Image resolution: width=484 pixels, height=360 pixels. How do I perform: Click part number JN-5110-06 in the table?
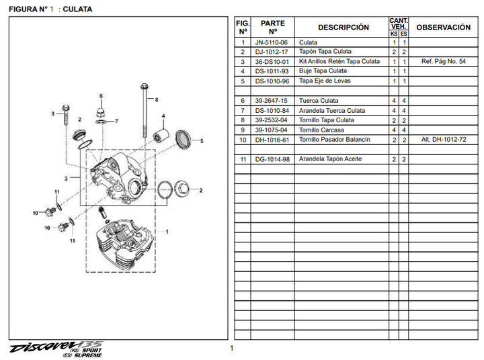(x=271, y=42)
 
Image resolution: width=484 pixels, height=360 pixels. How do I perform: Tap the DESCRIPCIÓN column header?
(x=343, y=28)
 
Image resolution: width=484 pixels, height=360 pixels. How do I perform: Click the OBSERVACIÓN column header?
(x=443, y=28)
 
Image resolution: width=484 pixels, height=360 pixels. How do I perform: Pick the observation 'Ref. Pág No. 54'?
(x=443, y=62)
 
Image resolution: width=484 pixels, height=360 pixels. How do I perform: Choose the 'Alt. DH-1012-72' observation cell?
(x=443, y=140)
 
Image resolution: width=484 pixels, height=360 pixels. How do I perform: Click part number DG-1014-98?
(x=271, y=159)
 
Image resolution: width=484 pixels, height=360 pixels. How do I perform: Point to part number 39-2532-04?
(x=271, y=120)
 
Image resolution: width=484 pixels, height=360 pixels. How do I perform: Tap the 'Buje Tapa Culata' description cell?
(x=323, y=71)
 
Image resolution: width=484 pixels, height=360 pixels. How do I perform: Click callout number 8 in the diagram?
(x=156, y=99)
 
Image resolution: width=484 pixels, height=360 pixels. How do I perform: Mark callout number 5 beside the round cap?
(x=202, y=141)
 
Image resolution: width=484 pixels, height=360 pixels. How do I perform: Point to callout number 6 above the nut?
(x=101, y=96)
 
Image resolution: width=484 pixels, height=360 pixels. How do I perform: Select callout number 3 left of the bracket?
(x=66, y=178)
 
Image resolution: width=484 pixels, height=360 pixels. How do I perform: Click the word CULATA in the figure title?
(x=78, y=9)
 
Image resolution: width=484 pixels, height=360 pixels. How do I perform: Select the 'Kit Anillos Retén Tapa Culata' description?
(x=339, y=62)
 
